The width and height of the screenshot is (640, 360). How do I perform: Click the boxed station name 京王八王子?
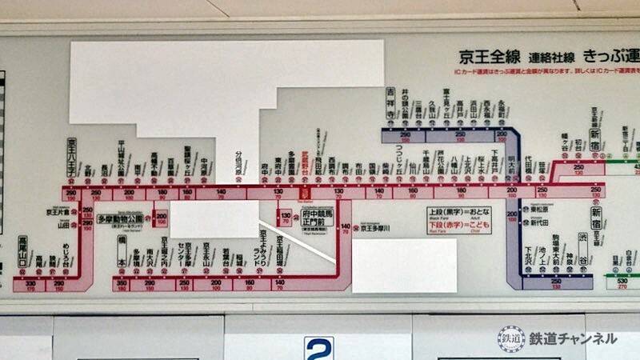71,157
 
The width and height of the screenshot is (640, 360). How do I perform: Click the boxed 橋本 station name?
122,251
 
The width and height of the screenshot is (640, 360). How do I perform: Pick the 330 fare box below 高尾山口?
31,284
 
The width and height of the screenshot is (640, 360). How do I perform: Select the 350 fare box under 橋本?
122,284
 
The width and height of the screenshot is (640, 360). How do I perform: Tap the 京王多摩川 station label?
374,228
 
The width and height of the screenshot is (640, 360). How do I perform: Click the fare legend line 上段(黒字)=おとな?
458,214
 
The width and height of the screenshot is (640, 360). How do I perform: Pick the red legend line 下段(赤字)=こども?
458,226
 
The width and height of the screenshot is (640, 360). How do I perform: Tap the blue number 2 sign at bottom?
318,349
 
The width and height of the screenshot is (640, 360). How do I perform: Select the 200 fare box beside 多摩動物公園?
161,217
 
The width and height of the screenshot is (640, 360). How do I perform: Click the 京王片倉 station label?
58,212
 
